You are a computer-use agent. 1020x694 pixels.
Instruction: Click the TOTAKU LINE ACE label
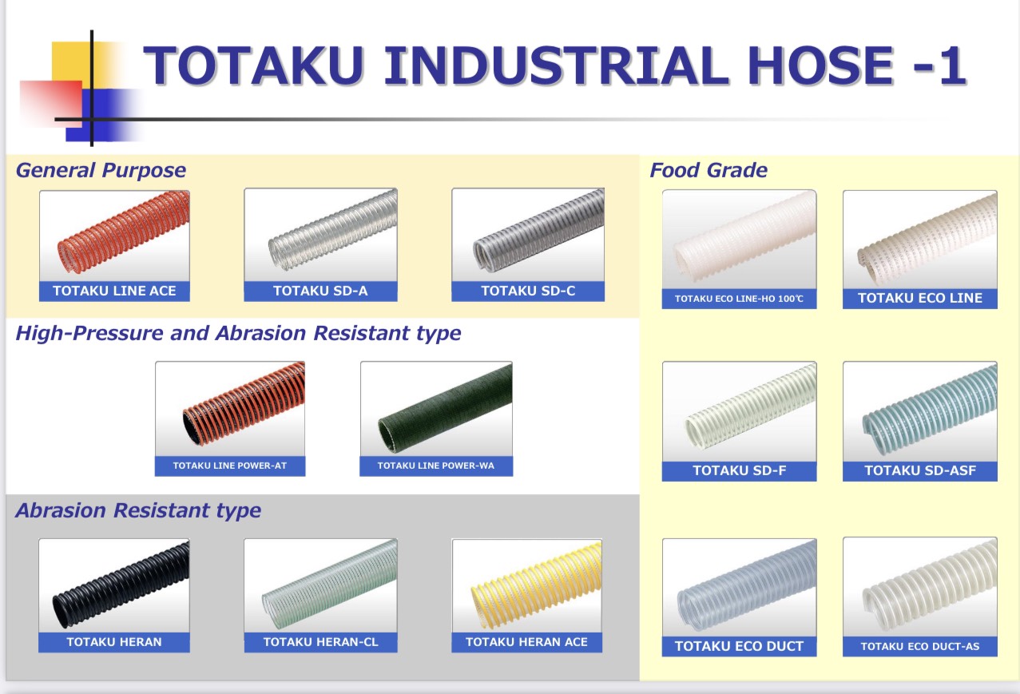pos(114,291)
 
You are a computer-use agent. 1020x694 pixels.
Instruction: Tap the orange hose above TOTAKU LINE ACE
pos(123,232)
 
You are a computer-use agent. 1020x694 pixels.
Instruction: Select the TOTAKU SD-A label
pos(320,291)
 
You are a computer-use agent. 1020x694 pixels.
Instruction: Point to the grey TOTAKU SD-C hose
pos(538,232)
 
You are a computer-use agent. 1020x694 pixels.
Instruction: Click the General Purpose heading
pos(101,170)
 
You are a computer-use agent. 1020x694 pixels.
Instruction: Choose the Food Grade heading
pos(708,170)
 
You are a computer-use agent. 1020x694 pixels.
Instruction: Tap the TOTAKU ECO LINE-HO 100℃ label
pos(739,299)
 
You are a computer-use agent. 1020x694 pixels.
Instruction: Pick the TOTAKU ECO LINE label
pos(920,298)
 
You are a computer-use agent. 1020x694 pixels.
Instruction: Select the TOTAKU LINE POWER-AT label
pos(230,466)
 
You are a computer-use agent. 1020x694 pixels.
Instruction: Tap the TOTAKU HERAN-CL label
pos(320,642)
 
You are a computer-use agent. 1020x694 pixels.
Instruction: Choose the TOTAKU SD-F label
pos(740,470)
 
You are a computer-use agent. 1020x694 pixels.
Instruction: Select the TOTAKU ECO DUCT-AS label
pos(920,646)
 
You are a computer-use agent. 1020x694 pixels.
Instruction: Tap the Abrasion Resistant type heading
pos(138,510)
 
